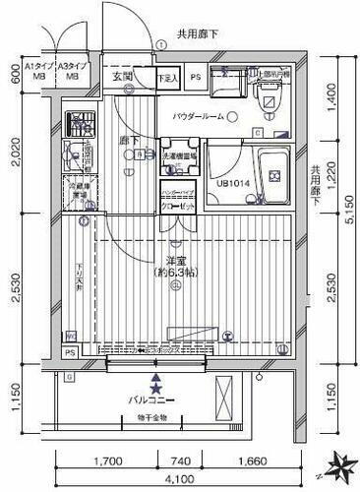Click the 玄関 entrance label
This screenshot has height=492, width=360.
(x=123, y=76)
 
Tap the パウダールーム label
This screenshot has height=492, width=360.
(x=198, y=117)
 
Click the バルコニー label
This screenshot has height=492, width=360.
(x=154, y=400)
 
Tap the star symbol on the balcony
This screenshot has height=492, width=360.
(x=154, y=387)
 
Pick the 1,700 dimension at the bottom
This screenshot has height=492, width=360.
(x=110, y=461)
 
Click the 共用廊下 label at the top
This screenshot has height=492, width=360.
(x=198, y=34)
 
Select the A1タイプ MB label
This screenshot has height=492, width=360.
(x=42, y=69)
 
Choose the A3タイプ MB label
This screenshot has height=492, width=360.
(x=72, y=69)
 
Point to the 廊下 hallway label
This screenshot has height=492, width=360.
(x=129, y=141)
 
